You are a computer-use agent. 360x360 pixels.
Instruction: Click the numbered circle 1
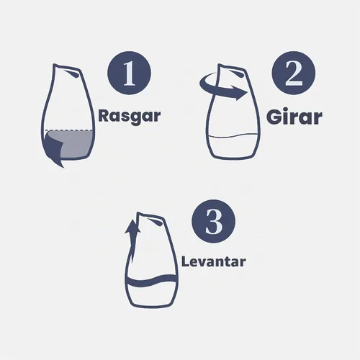click(x=129, y=73)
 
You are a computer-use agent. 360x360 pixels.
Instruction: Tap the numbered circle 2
click(x=294, y=73)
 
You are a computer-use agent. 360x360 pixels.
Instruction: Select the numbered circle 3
click(x=213, y=221)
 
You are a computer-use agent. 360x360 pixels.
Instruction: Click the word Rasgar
click(x=130, y=117)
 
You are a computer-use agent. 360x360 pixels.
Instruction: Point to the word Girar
click(x=294, y=117)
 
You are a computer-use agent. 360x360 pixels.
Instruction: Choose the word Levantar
click(x=214, y=261)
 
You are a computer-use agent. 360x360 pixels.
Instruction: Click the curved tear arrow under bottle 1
click(x=53, y=150)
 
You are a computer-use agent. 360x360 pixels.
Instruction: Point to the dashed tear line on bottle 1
click(x=69, y=130)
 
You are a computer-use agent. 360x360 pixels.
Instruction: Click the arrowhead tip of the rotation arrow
click(x=248, y=92)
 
